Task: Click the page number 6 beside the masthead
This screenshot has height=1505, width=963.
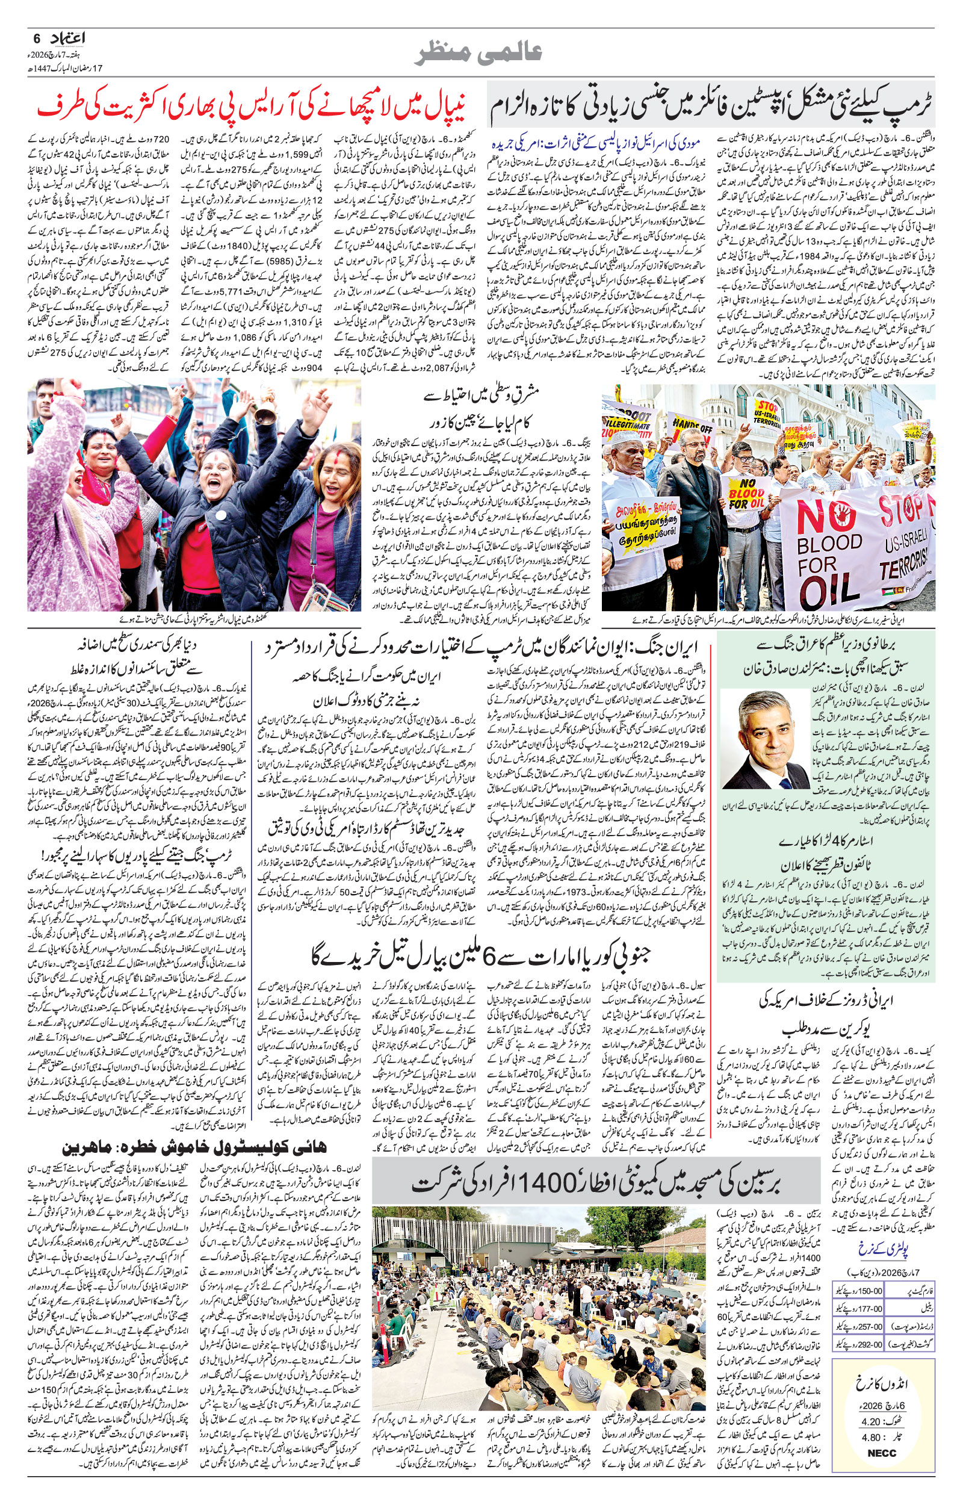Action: pos(36,38)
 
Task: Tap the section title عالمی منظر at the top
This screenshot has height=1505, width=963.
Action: pos(478,54)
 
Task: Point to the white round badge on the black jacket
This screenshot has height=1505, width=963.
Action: pos(220,515)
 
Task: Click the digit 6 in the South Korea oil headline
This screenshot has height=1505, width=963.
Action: pos(498,955)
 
